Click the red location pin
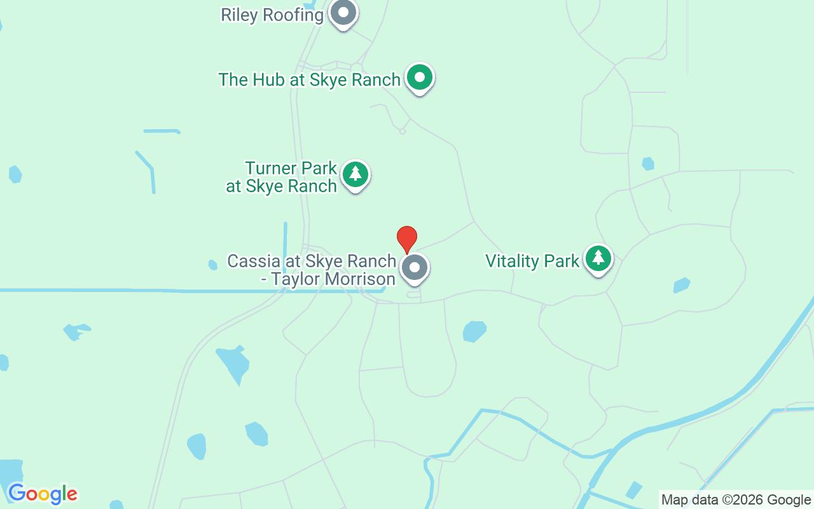point(407,239)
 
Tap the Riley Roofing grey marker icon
point(344,13)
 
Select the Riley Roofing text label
point(272,15)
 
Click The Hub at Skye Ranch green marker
point(419,78)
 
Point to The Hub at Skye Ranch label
point(309,80)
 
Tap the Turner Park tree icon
point(355,174)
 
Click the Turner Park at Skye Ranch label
point(282,178)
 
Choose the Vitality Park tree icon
point(598,258)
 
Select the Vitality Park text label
point(532,261)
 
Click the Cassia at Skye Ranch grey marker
point(415,268)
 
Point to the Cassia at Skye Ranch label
point(312,270)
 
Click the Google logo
point(43,494)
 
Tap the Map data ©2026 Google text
point(736,499)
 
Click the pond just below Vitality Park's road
point(474,331)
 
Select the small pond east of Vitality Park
point(682,285)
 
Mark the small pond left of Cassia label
point(212,265)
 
